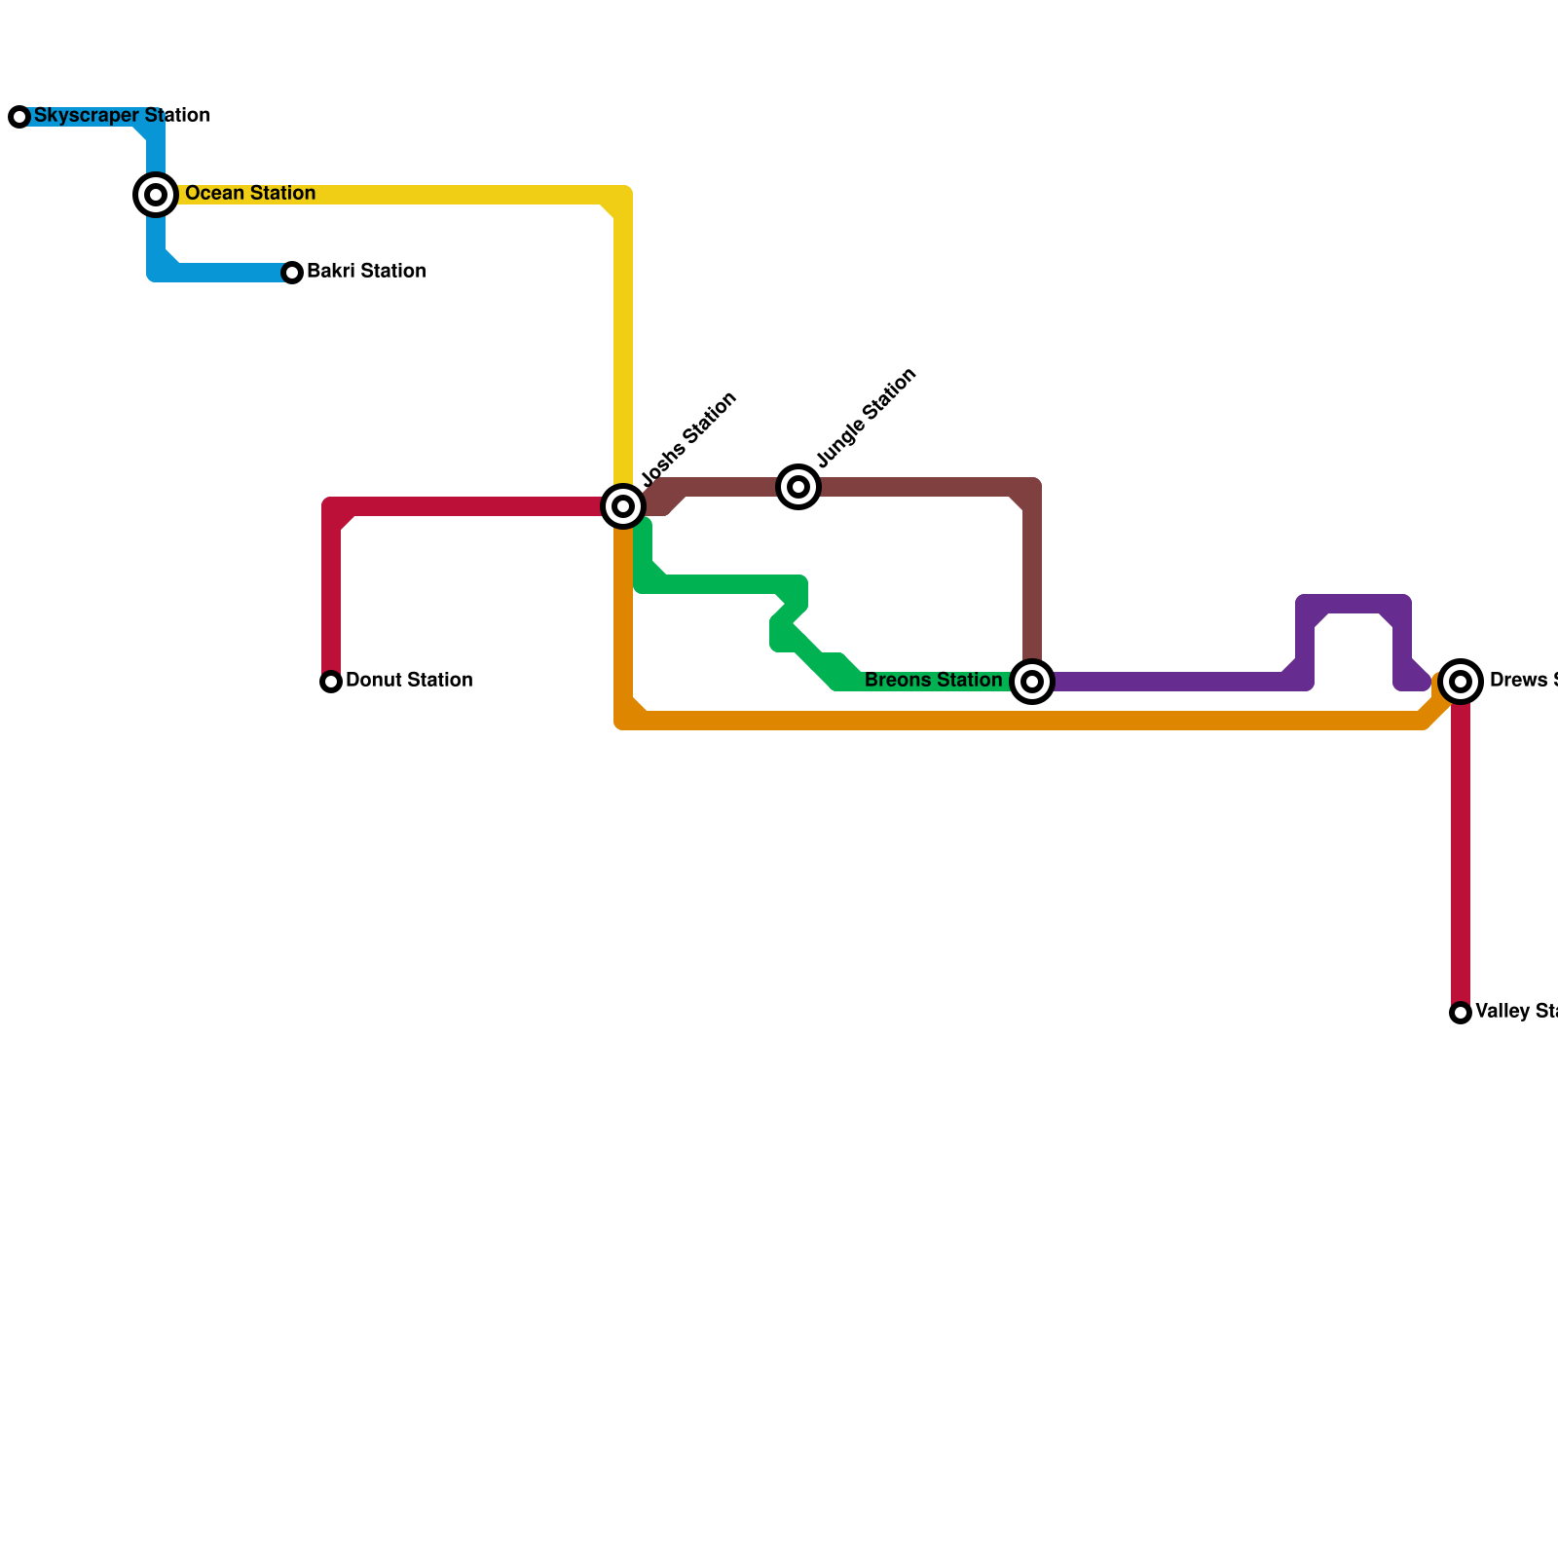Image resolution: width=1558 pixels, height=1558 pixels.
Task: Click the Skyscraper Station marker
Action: coord(19,117)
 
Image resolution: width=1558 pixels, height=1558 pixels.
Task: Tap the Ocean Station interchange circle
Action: coord(156,195)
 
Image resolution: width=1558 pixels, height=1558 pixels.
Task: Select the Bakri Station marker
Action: coord(292,273)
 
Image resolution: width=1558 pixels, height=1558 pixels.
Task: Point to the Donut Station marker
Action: coord(331,682)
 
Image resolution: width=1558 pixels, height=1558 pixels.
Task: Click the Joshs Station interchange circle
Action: coord(623,506)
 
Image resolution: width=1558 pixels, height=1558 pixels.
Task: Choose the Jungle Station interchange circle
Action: coord(798,487)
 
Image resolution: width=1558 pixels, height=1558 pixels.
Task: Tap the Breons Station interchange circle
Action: coord(1032,682)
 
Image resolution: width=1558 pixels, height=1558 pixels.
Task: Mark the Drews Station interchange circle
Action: coord(1461,682)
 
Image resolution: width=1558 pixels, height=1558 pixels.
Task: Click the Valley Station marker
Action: coord(1461,1013)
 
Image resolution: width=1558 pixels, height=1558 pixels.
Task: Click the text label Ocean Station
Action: coord(250,194)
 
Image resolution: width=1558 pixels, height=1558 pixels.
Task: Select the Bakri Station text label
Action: coord(366,272)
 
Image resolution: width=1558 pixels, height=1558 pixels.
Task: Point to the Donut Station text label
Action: coord(409,681)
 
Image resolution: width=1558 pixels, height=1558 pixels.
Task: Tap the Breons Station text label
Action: coord(933,681)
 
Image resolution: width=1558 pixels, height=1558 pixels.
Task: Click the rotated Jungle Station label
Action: coord(866,418)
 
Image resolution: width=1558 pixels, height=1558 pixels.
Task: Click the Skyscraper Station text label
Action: coord(122,116)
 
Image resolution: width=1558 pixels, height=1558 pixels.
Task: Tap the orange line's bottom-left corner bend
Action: coord(623,721)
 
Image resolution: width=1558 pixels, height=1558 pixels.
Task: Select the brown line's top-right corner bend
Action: coord(1032,487)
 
